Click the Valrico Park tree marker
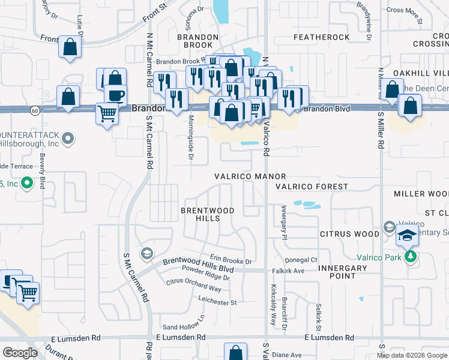411,256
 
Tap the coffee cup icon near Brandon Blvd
115,95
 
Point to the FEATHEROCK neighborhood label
321,37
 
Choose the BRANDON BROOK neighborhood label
194,41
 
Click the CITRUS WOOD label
349,233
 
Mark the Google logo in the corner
20,353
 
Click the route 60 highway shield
35,110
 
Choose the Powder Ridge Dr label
209,277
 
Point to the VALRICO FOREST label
312,187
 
